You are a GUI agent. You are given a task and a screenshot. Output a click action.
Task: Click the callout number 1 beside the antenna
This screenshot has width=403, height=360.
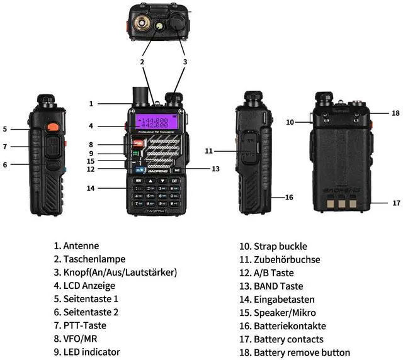point(91,104)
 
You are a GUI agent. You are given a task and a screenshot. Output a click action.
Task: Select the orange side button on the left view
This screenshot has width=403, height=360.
point(54,128)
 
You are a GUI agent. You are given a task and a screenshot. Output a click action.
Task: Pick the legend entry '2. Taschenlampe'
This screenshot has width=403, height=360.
point(89,259)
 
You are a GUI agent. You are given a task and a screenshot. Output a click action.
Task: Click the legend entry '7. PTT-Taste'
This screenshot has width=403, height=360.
point(80,325)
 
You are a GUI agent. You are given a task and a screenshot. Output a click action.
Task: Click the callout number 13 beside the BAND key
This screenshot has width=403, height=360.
point(215,169)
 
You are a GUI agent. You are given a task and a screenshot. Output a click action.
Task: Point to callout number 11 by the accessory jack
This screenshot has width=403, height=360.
point(208,151)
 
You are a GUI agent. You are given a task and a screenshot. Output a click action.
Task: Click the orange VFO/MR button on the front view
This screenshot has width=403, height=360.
point(137,144)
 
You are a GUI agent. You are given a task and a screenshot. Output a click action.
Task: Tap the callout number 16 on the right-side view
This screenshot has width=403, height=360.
point(289,198)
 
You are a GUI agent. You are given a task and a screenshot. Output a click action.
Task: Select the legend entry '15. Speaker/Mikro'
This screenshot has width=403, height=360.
point(277,312)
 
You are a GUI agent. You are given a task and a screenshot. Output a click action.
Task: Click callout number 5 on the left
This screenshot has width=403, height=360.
point(5,129)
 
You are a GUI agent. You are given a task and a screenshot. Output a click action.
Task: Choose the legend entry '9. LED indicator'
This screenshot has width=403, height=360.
point(87,352)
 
